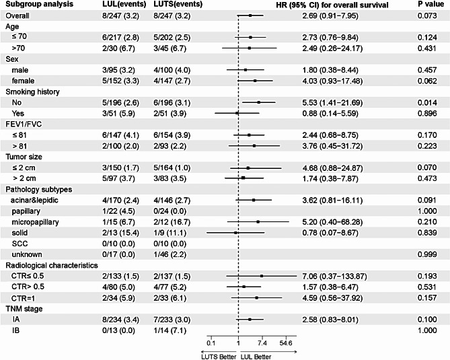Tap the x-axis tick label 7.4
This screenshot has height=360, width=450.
tap(261, 341)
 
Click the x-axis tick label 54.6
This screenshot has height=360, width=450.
tap(285, 341)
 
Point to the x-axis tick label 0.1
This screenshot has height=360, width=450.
tap(211, 341)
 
